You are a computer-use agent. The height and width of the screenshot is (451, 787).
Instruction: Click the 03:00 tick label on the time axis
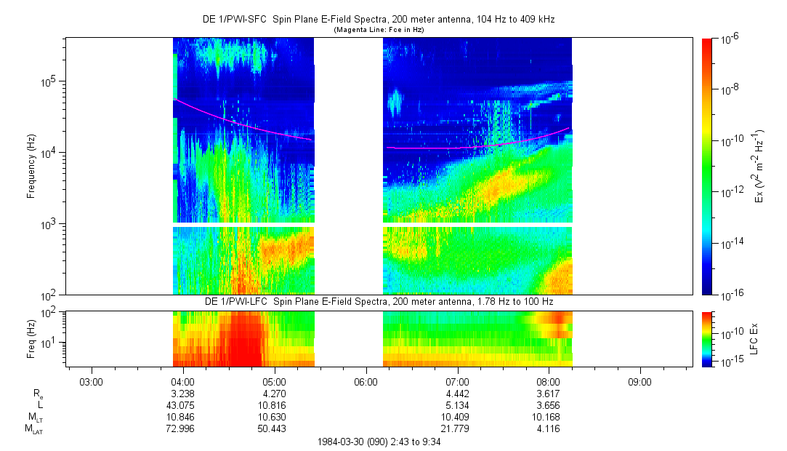(90, 382)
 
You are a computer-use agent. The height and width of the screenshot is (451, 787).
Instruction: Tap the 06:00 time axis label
(365, 382)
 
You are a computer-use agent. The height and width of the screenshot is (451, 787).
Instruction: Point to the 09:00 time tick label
(639, 382)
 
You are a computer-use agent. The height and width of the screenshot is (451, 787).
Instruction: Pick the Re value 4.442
(456, 393)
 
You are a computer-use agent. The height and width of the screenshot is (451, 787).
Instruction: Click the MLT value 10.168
(548, 417)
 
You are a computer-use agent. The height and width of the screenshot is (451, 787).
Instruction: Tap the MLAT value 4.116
(548, 428)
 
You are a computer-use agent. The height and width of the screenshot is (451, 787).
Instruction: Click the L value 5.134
(456, 404)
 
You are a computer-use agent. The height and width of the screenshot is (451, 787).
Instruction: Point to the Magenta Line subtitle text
(379, 30)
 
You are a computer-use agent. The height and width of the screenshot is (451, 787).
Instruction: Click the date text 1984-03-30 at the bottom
(345, 442)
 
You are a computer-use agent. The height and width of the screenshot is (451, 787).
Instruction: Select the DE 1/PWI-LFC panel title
(378, 301)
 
